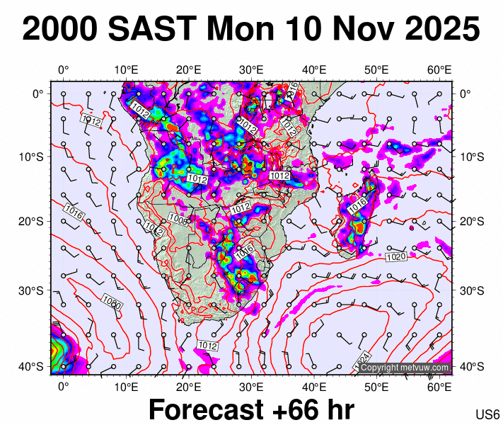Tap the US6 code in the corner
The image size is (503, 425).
[488, 414]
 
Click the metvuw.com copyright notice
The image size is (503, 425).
[404, 368]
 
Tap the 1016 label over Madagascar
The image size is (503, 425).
[357, 203]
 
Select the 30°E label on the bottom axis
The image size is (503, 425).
[251, 387]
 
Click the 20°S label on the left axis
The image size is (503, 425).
[35, 221]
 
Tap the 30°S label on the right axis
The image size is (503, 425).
[472, 291]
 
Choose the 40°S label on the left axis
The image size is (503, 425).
[35, 366]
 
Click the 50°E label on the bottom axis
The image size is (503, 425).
[377, 387]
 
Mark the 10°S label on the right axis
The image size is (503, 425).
[472, 157]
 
